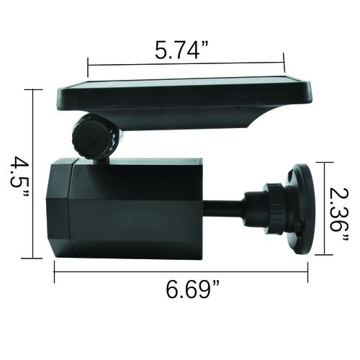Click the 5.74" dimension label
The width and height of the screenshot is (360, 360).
pos(181,50)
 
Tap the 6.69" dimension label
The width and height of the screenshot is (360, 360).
pos(192,289)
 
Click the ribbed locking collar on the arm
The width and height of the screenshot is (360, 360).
pos(274,208)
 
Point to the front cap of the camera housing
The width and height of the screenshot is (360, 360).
pos(60,208)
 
